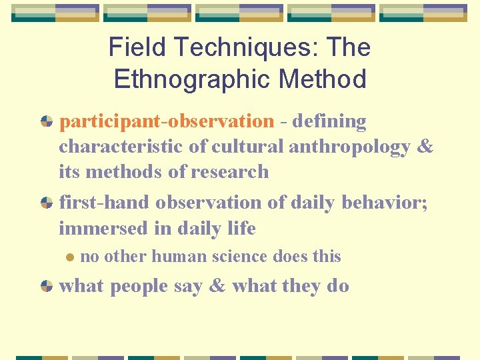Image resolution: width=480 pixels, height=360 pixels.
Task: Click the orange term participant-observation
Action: point(167,122)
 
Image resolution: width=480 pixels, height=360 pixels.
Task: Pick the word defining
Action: point(329,122)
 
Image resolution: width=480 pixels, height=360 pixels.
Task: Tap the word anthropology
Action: point(349,147)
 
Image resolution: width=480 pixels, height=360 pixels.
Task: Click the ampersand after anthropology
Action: point(425,147)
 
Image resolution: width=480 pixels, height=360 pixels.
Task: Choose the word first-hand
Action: point(105,202)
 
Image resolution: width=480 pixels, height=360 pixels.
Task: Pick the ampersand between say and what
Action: point(217,287)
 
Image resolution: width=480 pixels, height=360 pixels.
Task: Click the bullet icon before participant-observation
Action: point(46,122)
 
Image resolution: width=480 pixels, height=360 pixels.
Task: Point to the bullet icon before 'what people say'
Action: point(46,287)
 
